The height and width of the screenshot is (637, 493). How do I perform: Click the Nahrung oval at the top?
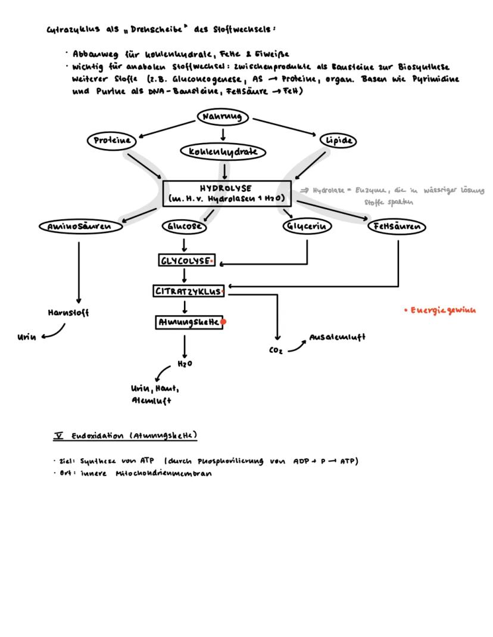[223, 117]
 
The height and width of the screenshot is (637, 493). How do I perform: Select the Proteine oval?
[112, 141]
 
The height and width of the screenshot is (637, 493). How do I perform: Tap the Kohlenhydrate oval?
[223, 152]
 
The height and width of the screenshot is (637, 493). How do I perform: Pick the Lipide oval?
[339, 141]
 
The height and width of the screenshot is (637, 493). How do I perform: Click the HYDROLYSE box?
[223, 194]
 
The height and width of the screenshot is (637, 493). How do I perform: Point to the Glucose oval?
[185, 227]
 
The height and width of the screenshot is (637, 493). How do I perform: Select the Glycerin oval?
[307, 227]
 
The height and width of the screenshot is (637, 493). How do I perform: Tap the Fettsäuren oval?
[397, 227]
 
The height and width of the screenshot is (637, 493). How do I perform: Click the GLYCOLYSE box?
[186, 261]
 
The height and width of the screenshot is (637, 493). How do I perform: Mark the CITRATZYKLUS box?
[188, 291]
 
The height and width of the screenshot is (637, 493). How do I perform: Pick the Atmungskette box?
[188, 322]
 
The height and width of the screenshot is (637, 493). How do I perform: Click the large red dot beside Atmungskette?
[224, 322]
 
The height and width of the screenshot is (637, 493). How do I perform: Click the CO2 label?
[276, 351]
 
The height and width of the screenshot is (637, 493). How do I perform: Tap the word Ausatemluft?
[338, 337]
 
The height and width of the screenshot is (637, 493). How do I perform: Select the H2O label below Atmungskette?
[185, 363]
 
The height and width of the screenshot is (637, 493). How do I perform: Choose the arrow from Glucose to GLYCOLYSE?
[185, 244]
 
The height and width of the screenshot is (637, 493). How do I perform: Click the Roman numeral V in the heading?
[58, 436]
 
